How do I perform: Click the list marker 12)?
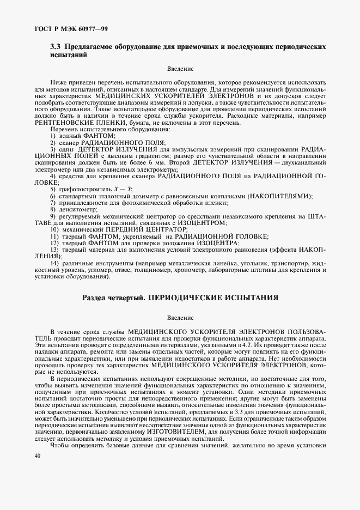click(x=53, y=242)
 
